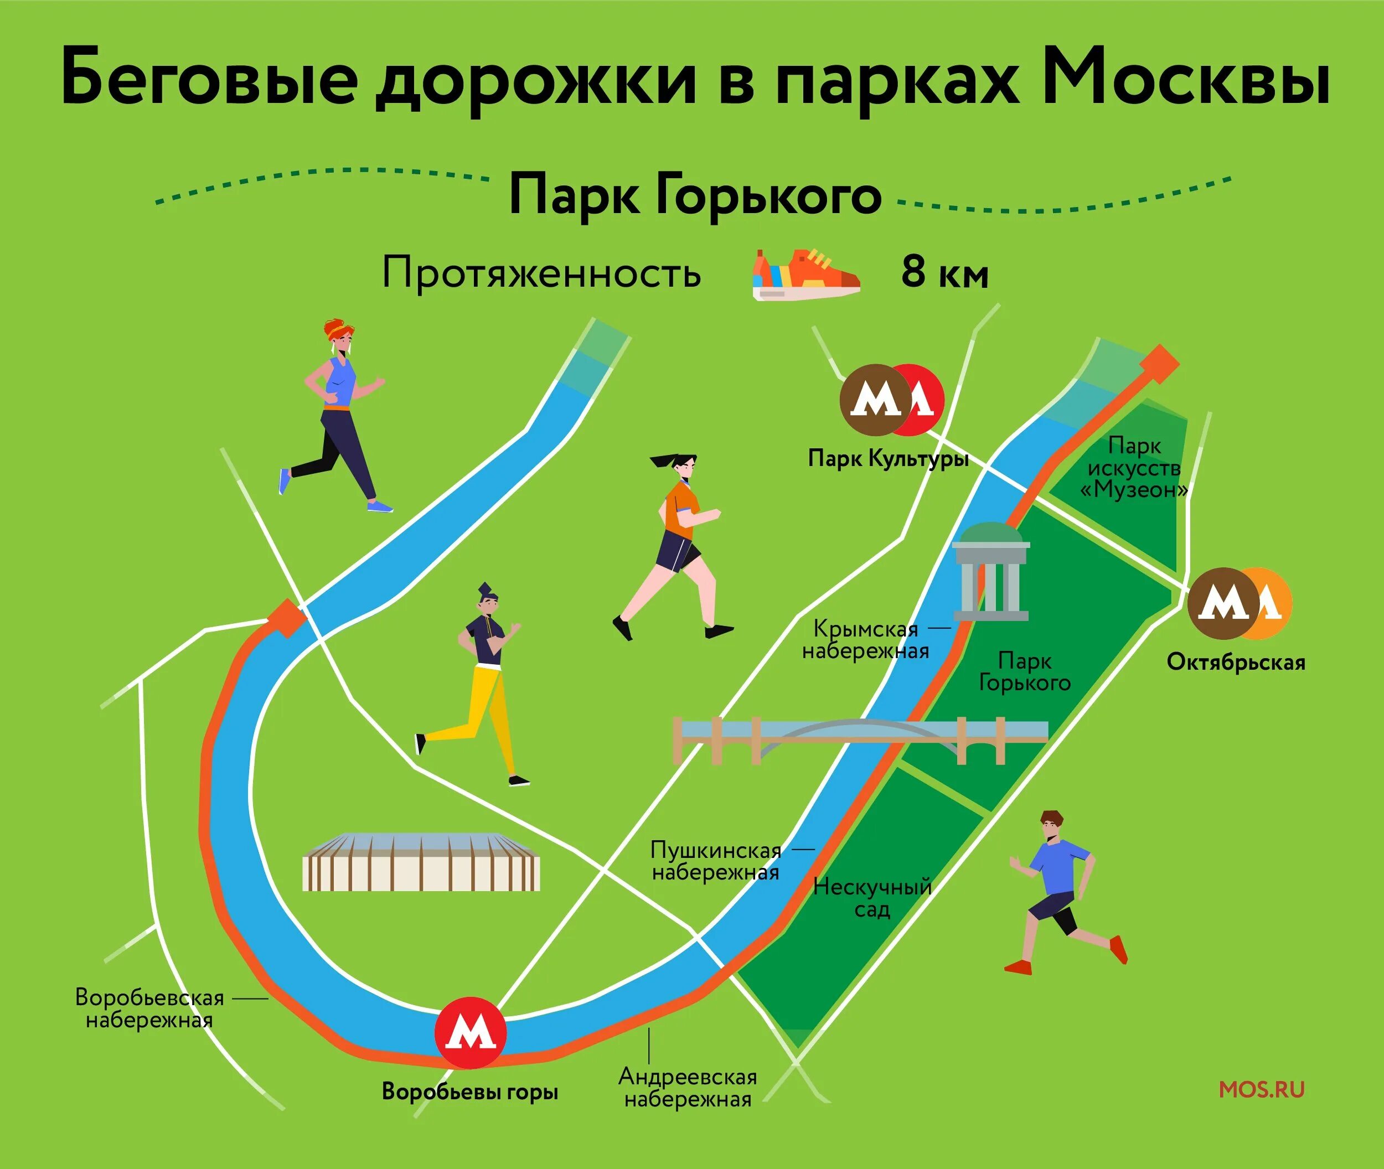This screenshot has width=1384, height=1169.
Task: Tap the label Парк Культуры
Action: click(888, 459)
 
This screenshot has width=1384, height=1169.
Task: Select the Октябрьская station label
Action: click(1236, 662)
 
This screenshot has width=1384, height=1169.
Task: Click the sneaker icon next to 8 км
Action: click(806, 275)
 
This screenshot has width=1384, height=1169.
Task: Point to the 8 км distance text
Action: click(944, 273)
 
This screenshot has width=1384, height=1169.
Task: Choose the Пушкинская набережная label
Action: click(716, 861)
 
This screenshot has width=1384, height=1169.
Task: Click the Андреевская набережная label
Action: click(688, 1088)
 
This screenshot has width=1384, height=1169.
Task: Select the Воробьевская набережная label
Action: click(150, 1008)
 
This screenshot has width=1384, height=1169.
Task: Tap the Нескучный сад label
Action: click(872, 898)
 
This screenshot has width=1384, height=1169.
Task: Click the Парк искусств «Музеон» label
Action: click(1134, 468)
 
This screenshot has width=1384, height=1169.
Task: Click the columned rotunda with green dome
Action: click(991, 571)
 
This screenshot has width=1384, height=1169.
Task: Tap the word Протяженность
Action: click(541, 273)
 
